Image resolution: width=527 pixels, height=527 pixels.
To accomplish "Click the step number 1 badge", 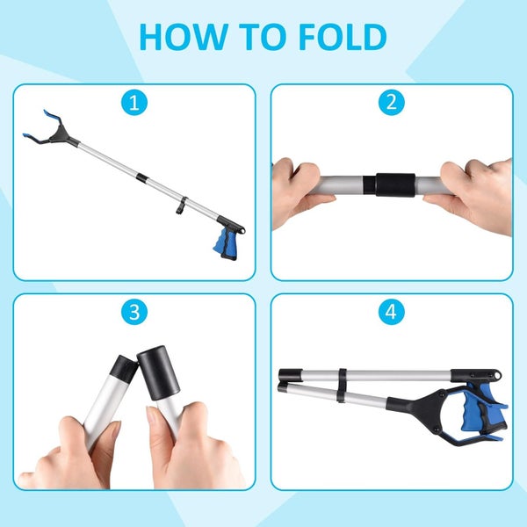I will click(x=134, y=103).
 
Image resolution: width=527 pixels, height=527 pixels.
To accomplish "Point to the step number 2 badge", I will click(x=392, y=103).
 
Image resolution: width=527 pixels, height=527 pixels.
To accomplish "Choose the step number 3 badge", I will click(x=134, y=312).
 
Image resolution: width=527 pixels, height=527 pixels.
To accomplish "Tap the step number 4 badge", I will click(x=392, y=312).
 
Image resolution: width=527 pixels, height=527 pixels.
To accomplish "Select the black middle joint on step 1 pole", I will click(x=141, y=178).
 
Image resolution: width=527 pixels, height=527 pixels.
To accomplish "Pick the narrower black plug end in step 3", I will click(x=124, y=370).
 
